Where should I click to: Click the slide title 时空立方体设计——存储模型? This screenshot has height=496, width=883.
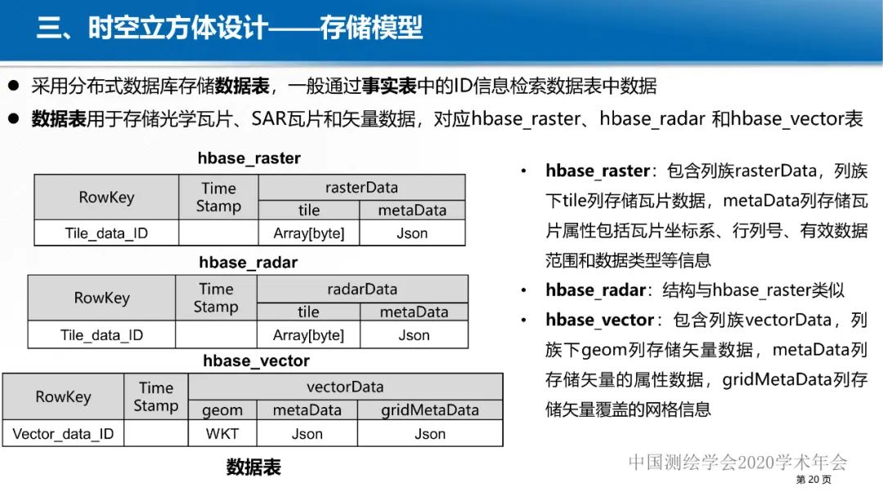[x=230, y=29]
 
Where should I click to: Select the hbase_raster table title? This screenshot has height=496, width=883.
[x=249, y=159]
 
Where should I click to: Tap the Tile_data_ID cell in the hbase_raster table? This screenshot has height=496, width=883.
[x=106, y=234]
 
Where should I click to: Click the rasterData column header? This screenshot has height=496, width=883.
[x=361, y=187]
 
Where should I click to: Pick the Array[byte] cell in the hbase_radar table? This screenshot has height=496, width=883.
[x=308, y=335]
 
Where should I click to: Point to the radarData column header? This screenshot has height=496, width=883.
[x=362, y=288]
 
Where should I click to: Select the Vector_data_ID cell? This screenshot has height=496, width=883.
[x=63, y=434]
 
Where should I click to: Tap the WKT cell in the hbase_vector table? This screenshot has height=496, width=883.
[x=222, y=434]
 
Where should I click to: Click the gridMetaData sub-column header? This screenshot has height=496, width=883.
[x=430, y=410]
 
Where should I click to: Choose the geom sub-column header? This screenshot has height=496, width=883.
[x=222, y=410]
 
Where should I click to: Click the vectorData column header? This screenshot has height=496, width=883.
[x=345, y=387]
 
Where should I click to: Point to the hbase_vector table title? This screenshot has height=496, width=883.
[x=256, y=360]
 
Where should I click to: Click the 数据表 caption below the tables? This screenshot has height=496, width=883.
[x=253, y=467]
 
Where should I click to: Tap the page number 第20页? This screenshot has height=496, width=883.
[x=814, y=480]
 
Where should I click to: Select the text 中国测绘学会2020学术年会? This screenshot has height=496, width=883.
[x=737, y=462]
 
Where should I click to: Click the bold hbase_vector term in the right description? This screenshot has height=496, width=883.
[x=599, y=319]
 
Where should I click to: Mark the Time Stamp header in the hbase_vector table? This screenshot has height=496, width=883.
[x=155, y=397]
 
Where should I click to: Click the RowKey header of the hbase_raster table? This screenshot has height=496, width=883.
[x=106, y=197]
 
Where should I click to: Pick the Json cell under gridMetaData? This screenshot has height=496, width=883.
[x=430, y=434]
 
